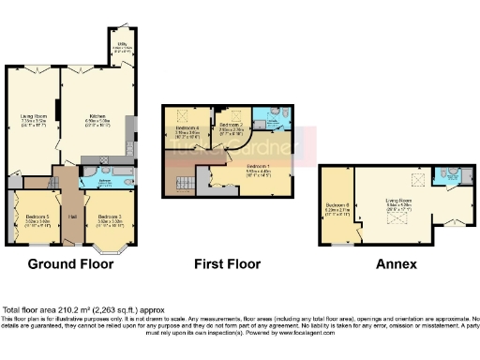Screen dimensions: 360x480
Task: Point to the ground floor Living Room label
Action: click(x=35, y=119)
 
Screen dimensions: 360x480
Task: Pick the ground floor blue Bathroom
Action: click(x=97, y=183)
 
